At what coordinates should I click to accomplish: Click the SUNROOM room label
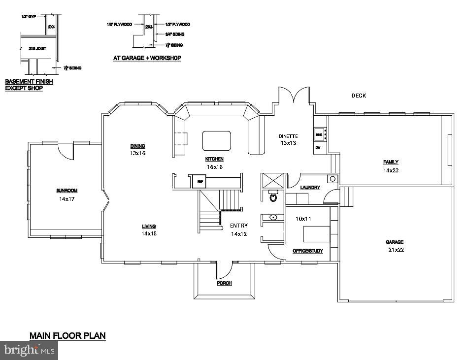pos(67,191)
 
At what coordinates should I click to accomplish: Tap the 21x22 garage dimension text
pos(395,250)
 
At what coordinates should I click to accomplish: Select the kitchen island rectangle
pos(216,141)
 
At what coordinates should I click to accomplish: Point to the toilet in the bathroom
pos(272,197)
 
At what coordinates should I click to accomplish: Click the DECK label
pos(359,96)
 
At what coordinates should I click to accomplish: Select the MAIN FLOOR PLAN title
pos(67,336)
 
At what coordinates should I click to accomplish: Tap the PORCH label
pos(224,283)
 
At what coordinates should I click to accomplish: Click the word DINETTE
pos(288,136)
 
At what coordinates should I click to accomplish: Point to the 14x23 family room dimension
pos(391,170)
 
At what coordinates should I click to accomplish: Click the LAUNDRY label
pos(310,187)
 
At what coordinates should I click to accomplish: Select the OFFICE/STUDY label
pos(308,251)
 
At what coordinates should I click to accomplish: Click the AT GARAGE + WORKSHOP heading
pos(147,58)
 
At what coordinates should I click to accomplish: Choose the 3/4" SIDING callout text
pos(175,34)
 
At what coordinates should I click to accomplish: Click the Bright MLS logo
pos(29,350)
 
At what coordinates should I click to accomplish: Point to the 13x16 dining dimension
pos(138,153)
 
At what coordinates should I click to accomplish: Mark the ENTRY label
pos(239,226)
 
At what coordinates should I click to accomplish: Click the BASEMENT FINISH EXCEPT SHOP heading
pos(29,85)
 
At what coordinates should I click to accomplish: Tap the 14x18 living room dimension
pos(149,233)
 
